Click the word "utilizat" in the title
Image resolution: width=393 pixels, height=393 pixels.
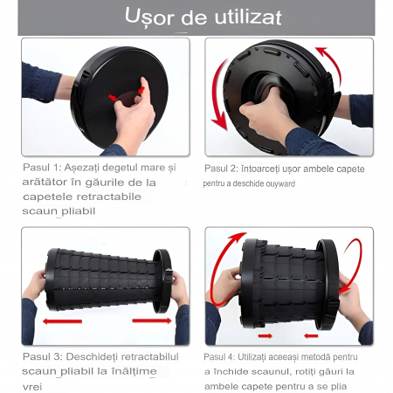pos(248,17)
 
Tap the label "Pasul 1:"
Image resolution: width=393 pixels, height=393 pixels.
pos(42,167)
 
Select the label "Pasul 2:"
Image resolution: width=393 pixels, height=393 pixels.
pos(221,169)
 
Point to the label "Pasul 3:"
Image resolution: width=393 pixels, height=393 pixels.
pos(43,356)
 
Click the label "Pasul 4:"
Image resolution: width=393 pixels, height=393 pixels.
pos(219,356)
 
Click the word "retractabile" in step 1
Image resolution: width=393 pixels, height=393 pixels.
pos(113,196)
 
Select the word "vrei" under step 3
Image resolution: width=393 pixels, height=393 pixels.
pos(32,387)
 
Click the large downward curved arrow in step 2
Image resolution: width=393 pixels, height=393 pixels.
pos(216,96)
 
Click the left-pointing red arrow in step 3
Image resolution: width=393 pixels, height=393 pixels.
pos(62,321)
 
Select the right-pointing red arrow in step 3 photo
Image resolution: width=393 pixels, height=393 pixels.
pos(152,321)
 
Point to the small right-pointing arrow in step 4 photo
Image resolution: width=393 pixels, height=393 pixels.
pos(265,335)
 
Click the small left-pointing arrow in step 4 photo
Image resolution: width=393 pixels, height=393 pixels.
pos(311,335)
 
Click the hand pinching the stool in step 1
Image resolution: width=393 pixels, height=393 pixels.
pos(134,115)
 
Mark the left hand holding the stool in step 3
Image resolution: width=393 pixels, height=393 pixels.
pos(34,286)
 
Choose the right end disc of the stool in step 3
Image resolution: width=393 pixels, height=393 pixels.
pos(162,281)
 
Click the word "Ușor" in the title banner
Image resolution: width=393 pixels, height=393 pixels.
pos(149,17)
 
